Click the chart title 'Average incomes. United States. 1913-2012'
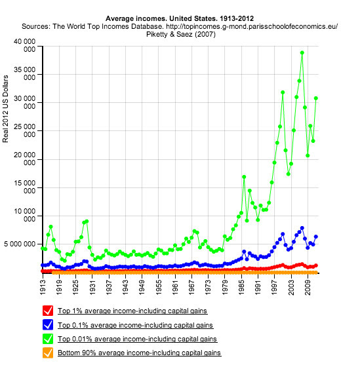[180, 18]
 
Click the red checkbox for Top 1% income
[48, 311]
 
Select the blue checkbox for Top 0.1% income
[48, 324]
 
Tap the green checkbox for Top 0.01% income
[48, 339]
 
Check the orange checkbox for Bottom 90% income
[48, 353]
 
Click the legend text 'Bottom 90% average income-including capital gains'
[140, 353]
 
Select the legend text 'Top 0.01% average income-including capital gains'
[137, 339]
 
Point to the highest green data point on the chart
[302, 52]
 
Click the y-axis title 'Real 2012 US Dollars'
[5, 109]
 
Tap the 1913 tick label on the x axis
[43, 287]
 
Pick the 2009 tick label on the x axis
[308, 287]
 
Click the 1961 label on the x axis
[175, 287]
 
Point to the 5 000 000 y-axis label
[20, 244]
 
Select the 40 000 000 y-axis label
[25, 45]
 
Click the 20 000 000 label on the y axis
[25, 159]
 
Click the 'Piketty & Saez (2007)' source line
[181, 34]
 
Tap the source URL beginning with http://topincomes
[252, 26]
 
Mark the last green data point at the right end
[316, 98]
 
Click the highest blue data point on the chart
[302, 228]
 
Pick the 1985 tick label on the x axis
[241, 287]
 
